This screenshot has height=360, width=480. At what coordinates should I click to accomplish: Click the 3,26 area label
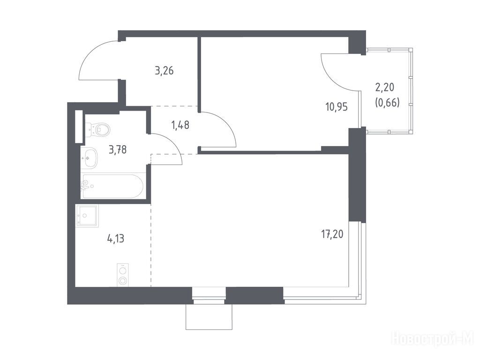click(165, 71)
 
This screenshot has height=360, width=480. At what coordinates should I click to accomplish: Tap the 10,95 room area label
click(337, 107)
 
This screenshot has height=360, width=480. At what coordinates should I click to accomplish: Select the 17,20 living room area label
click(332, 234)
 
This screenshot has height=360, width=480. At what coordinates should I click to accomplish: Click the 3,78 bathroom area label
click(118, 150)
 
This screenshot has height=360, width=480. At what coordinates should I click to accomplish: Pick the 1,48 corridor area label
click(180, 125)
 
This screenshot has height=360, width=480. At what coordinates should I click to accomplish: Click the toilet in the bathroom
click(97, 130)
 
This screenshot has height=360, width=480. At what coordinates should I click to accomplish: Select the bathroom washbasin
click(89, 157)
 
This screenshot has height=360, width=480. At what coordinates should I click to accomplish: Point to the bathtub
click(112, 186)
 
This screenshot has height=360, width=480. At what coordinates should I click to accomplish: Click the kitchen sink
click(87, 216)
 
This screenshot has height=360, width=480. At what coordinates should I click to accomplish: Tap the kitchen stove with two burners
click(123, 275)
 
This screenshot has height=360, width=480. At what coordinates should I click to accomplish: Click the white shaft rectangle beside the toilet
click(79, 127)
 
